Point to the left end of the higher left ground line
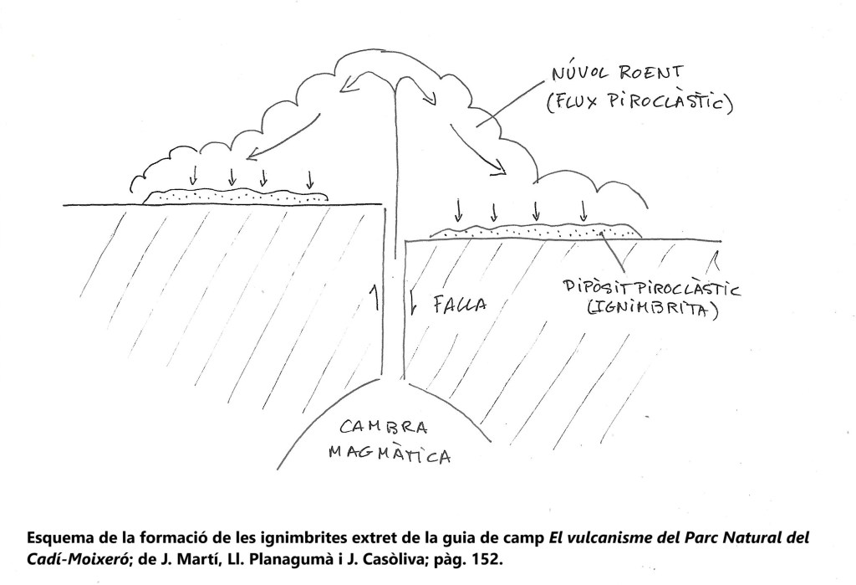tap(64, 205)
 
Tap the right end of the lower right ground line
tap(721, 240)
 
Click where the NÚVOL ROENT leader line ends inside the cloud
tap(476, 126)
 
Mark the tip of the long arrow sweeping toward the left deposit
tap(247, 160)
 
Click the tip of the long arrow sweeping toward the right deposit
tap(506, 174)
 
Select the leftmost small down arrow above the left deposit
tap(192, 176)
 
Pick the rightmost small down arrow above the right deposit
tap(583, 212)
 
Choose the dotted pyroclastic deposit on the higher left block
tap(235, 197)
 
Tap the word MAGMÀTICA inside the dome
tap(390, 454)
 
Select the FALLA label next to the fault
tap(460, 304)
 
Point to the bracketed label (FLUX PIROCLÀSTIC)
tap(639, 103)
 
